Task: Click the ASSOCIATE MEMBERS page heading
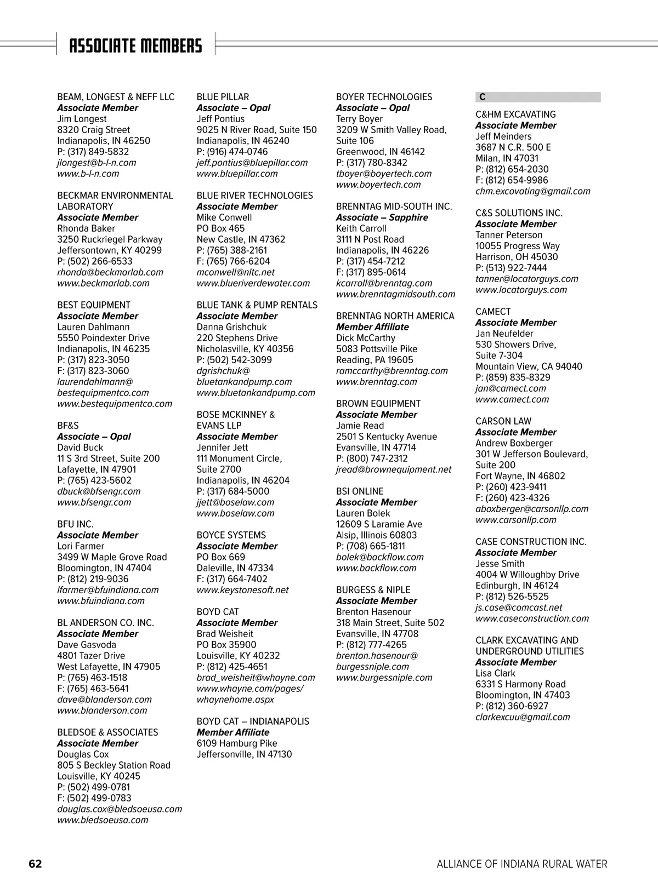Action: [135, 45]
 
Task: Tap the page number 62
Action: [35, 864]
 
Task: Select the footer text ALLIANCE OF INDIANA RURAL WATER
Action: [521, 864]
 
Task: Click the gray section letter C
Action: [483, 97]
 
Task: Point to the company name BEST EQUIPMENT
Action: [94, 305]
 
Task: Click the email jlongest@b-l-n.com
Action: [97, 163]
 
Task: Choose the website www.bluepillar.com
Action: [237, 174]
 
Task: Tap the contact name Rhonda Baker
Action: [86, 228]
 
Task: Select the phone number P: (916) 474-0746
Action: [232, 152]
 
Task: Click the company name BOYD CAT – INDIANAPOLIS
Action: [253, 721]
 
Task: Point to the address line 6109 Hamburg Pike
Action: [237, 743]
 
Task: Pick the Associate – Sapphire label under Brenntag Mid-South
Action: [382, 217]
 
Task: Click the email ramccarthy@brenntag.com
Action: [392, 371]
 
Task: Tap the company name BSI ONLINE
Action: [360, 491]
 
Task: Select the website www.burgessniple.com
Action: [384, 678]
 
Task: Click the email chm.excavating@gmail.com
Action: [532, 191]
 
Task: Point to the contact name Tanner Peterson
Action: [508, 235]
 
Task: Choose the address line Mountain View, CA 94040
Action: [529, 366]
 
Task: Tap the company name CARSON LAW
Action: [503, 421]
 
